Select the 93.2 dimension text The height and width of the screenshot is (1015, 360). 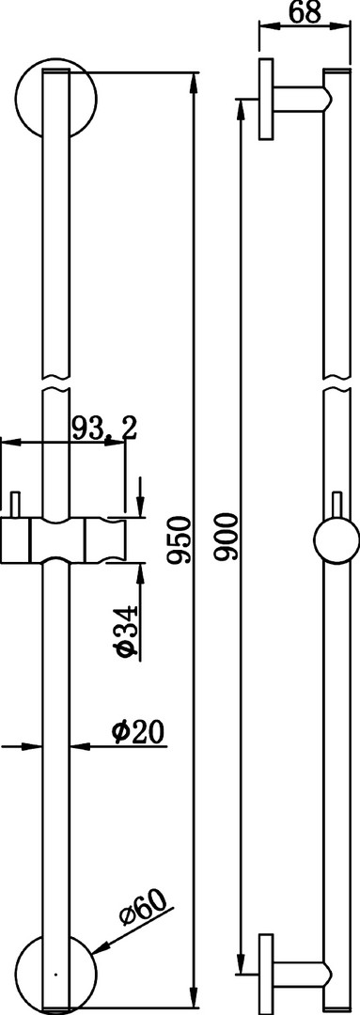tap(103, 429)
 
